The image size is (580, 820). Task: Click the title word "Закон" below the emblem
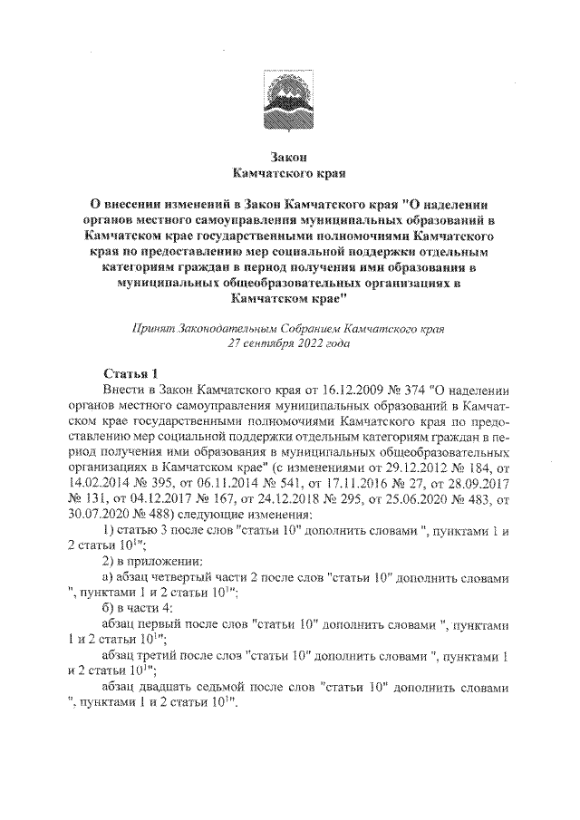[289, 155]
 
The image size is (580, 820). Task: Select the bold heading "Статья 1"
[130, 373]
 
